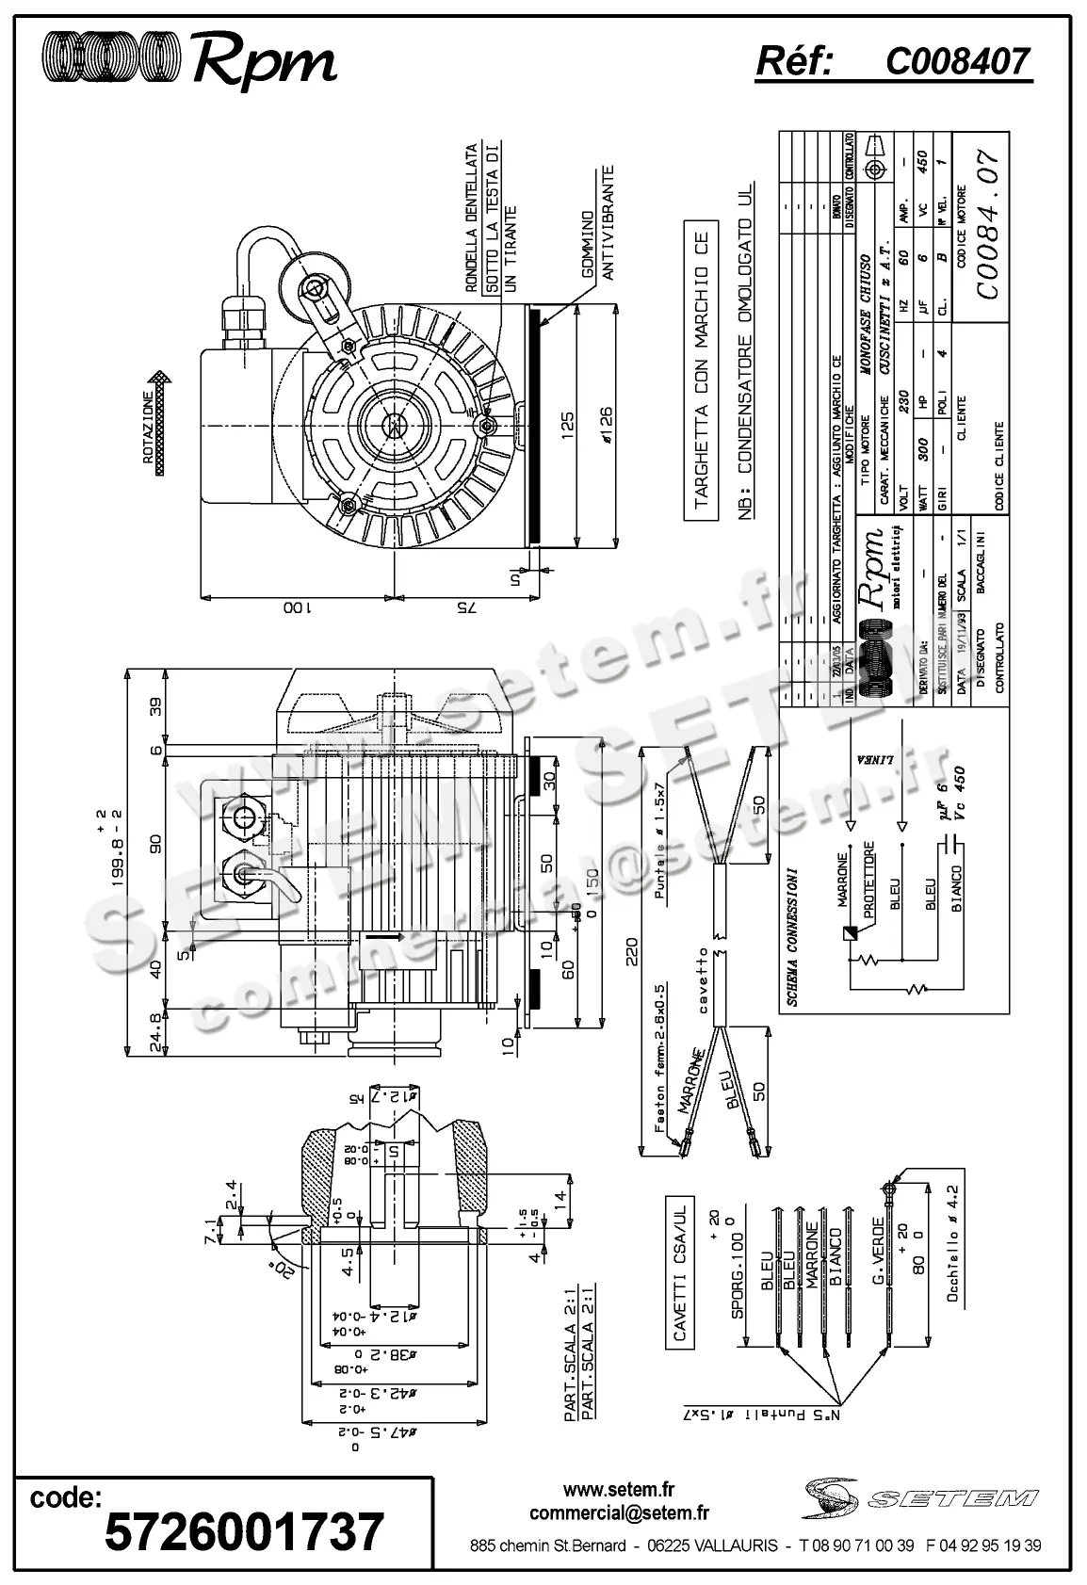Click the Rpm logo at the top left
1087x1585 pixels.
tap(188, 61)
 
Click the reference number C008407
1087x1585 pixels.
tap(958, 62)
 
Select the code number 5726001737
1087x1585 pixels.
tap(244, 1530)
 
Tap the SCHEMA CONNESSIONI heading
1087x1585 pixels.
tap(793, 936)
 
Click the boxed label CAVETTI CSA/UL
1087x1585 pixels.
tap(679, 1274)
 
